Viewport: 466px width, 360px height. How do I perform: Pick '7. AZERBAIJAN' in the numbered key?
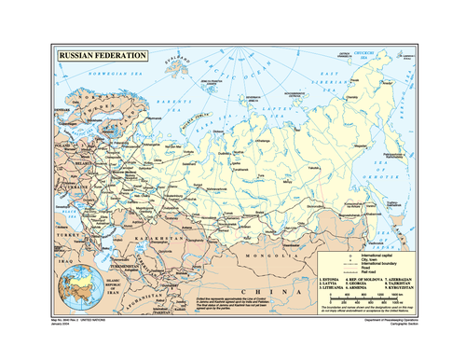coord(392,278)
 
